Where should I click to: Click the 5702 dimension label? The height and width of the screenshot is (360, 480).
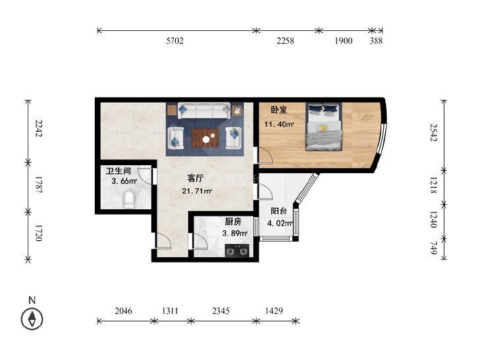click(x=174, y=41)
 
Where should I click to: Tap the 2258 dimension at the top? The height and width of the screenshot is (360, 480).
click(x=285, y=41)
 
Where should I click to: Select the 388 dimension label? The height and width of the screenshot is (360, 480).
click(x=376, y=41)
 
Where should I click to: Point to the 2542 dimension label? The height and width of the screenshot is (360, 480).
click(x=434, y=132)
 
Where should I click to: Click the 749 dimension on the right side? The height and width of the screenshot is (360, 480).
click(x=434, y=248)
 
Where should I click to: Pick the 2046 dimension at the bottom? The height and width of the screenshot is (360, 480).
click(x=123, y=311)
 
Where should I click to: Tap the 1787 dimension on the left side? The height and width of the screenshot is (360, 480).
click(x=39, y=184)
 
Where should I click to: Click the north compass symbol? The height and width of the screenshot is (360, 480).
click(x=32, y=319)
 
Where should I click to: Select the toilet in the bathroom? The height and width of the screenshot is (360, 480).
click(x=129, y=199)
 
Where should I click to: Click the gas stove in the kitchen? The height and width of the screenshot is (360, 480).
click(x=236, y=251)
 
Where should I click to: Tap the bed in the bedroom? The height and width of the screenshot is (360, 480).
click(x=324, y=126)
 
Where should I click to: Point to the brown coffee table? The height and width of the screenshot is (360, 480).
click(x=205, y=138)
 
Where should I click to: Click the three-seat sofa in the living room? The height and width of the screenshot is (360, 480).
click(x=204, y=111)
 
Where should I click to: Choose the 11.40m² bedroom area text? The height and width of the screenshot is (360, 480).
click(x=279, y=124)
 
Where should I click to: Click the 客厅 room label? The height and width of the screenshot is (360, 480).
click(x=196, y=178)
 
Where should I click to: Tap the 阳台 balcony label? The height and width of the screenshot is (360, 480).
click(x=279, y=211)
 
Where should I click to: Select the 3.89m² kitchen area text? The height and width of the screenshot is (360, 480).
click(x=235, y=234)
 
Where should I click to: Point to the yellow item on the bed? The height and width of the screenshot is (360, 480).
click(x=323, y=128)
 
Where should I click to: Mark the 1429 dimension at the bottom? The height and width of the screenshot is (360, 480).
click(x=274, y=311)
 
